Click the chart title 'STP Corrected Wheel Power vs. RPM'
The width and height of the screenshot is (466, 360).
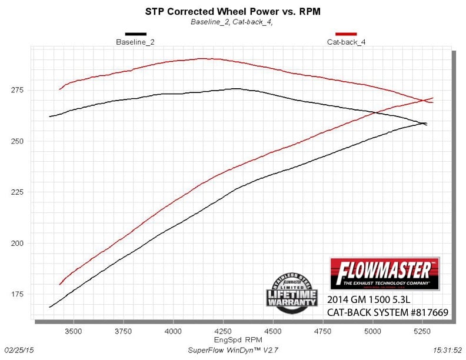point(232,11)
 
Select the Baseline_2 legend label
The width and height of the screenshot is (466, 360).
point(135,42)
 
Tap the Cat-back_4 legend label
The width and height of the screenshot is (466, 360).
point(345,42)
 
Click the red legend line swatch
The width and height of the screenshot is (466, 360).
point(345,34)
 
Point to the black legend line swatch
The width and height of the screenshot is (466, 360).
point(135,34)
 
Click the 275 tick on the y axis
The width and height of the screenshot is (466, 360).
point(16,90)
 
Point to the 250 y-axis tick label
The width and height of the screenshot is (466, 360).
point(16,141)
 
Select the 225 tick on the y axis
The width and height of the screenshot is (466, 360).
point(16,192)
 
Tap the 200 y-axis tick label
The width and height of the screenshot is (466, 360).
point(16,243)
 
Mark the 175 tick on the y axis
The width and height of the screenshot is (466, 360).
point(16,294)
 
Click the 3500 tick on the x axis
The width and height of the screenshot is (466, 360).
point(74,332)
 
